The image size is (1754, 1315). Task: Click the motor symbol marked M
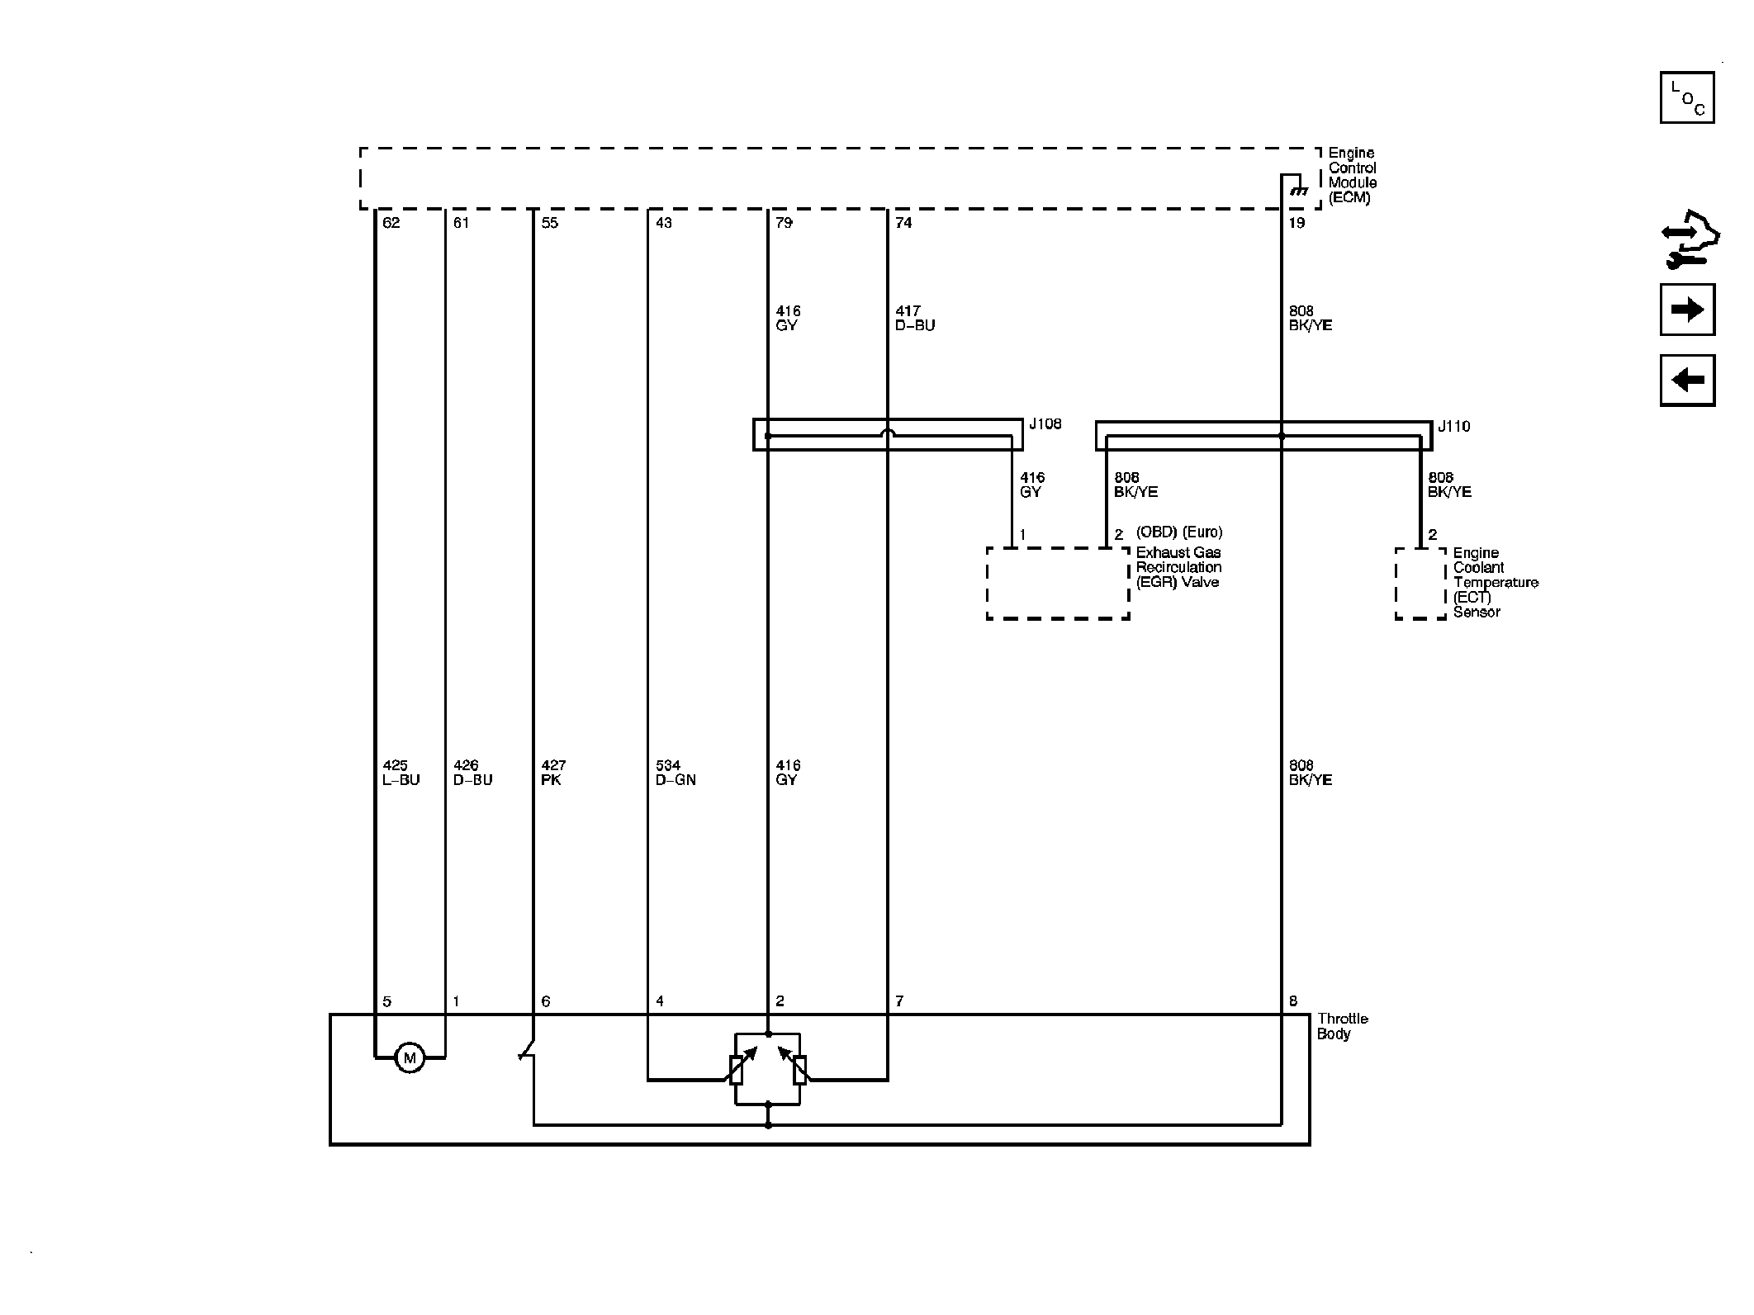tap(410, 1057)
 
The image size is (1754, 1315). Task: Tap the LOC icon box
tap(1687, 98)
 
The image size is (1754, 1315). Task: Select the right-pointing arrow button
tap(1687, 310)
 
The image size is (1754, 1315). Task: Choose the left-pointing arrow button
tap(1687, 381)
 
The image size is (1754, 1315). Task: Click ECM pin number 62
tap(391, 223)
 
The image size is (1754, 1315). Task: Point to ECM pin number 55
tap(550, 223)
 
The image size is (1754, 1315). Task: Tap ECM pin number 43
tap(664, 223)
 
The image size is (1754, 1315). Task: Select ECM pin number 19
tap(1297, 223)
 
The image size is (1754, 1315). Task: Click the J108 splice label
tap(1045, 424)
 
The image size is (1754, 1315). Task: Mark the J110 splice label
tap(1453, 427)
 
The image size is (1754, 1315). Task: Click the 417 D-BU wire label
tap(915, 319)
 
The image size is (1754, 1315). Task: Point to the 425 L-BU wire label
tap(401, 773)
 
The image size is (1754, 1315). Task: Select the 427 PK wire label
tap(553, 773)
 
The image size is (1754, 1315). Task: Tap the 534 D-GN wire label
tap(676, 773)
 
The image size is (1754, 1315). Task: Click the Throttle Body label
tap(1342, 1026)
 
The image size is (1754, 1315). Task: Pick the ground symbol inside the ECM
tap(1298, 192)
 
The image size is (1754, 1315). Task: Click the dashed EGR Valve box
tap(1058, 583)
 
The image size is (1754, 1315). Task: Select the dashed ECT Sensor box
tap(1420, 584)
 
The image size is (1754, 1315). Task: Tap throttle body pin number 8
tap(1293, 1001)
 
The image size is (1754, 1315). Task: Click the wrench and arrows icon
tap(1690, 240)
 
